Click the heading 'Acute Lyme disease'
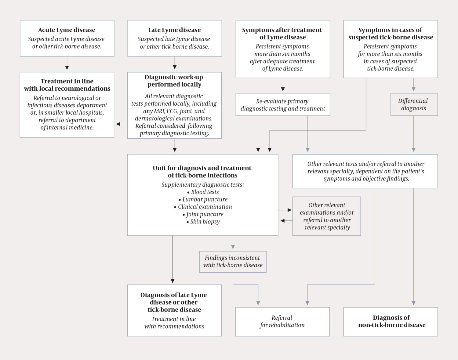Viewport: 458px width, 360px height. (x=67, y=30)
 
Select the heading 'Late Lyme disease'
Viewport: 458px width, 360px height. (x=174, y=30)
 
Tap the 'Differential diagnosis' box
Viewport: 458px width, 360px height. (x=414, y=104)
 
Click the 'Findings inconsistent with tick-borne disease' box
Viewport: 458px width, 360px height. (x=233, y=262)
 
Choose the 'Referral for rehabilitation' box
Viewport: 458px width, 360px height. (x=282, y=322)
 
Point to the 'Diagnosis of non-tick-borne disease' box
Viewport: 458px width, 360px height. (x=391, y=322)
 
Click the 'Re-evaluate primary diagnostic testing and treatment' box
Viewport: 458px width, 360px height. (x=283, y=105)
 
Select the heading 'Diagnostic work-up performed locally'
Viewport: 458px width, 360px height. (x=174, y=81)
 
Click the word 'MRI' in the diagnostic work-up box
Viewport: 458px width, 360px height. (x=158, y=111)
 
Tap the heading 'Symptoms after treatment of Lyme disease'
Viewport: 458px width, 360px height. (x=282, y=34)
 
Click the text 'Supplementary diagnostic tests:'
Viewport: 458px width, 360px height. (x=203, y=185)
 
